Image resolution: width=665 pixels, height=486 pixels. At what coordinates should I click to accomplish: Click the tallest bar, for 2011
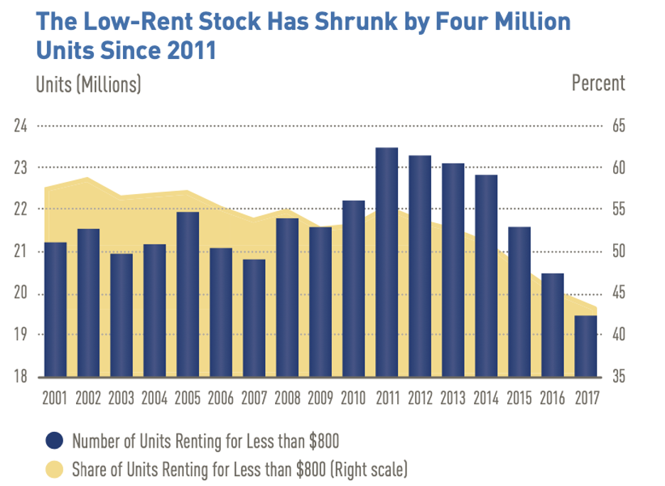(x=386, y=262)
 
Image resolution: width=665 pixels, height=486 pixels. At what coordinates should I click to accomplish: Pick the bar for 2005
(x=188, y=294)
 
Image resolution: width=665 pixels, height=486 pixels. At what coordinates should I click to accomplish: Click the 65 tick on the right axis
(x=616, y=126)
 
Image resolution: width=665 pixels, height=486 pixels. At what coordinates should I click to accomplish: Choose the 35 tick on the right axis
(x=616, y=377)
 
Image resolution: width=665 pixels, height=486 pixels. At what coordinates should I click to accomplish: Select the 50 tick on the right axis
(x=616, y=252)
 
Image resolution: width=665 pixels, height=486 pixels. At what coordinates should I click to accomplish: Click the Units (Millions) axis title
(x=88, y=84)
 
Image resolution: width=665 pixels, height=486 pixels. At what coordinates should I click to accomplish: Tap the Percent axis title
(x=598, y=83)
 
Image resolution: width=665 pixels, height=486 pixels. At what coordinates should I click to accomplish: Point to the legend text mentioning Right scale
(x=239, y=469)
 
